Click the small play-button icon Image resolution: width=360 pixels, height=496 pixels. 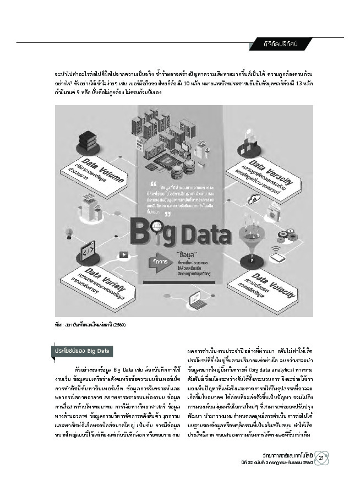pyautogui.click(x=124, y=255)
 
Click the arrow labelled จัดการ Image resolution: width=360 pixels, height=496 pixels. pyautogui.click(x=159, y=263)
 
